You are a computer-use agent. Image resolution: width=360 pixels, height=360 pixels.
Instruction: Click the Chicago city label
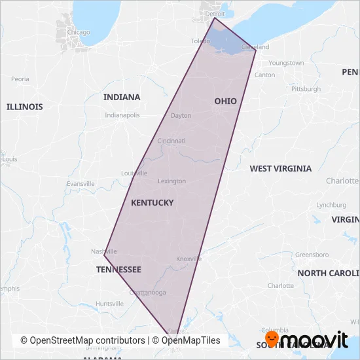click(x=78, y=32)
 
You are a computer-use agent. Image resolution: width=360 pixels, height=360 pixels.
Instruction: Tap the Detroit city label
click(x=215, y=13)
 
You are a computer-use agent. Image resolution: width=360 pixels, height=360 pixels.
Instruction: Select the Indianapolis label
click(x=122, y=115)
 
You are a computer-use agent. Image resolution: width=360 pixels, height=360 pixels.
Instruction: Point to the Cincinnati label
click(x=171, y=141)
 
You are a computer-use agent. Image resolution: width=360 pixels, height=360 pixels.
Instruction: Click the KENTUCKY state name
click(x=153, y=203)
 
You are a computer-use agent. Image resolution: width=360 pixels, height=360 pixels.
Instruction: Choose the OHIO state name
click(x=225, y=101)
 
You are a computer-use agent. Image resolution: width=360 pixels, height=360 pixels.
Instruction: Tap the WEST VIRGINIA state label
click(x=280, y=168)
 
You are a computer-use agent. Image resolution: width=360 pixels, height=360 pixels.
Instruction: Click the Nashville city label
click(x=104, y=251)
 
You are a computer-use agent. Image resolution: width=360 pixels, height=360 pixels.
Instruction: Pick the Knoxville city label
click(x=189, y=259)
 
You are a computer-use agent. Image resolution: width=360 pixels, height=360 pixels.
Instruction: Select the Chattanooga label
click(x=149, y=293)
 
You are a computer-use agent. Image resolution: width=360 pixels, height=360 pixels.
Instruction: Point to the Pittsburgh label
click(x=306, y=88)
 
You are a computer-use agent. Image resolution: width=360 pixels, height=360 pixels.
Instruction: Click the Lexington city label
click(x=171, y=181)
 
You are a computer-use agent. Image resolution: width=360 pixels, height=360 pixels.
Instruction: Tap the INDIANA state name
click(x=122, y=97)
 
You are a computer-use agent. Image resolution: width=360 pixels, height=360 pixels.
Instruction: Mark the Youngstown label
click(x=287, y=63)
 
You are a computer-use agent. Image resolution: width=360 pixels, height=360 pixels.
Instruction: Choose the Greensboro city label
click(x=312, y=254)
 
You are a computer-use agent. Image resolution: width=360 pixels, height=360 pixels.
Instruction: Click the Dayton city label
click(x=181, y=115)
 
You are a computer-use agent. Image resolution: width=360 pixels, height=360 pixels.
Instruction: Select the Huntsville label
click(x=109, y=304)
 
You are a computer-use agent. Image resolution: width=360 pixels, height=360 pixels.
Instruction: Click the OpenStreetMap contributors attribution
click(x=82, y=340)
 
